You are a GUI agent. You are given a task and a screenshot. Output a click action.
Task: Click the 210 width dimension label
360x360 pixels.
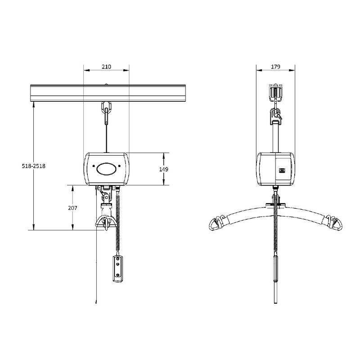[106, 67]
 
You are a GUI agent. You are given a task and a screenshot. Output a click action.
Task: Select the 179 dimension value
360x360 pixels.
[275, 67]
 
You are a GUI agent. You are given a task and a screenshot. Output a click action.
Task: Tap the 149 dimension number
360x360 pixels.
[163, 169]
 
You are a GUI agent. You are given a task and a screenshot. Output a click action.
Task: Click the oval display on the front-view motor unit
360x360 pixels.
[107, 168]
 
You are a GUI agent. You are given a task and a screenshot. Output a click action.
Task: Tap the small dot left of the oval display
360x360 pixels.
[94, 166]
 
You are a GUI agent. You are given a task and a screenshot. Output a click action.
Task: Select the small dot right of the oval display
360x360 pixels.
[121, 166]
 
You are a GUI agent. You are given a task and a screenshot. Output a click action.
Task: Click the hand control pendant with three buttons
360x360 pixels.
[118, 269]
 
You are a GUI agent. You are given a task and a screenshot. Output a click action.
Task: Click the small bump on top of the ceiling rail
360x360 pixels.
[106, 84]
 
